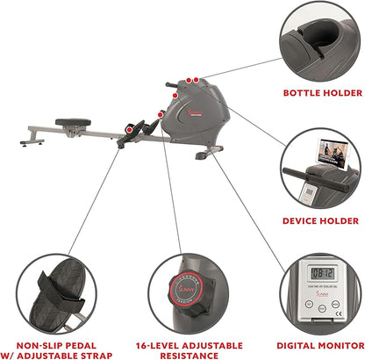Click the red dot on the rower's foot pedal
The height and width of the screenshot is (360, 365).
click(x=129, y=128)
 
